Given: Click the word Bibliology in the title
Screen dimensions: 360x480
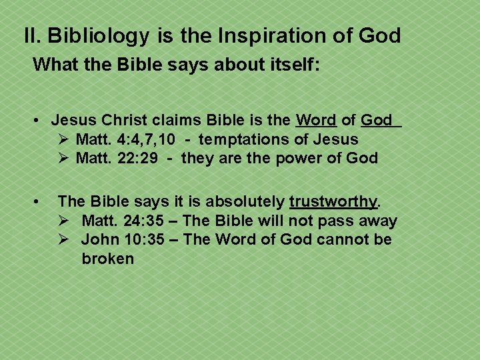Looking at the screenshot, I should pyautogui.click(x=99, y=35).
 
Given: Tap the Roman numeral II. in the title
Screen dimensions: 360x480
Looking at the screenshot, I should pyautogui.click(x=33, y=35).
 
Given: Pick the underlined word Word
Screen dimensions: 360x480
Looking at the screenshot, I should pyautogui.click(x=316, y=120).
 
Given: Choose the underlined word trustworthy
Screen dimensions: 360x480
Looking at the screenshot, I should pyautogui.click(x=333, y=201).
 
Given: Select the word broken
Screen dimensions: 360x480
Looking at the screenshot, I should pyautogui.click(x=108, y=258).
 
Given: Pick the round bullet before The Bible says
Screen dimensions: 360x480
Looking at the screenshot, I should pyautogui.click(x=41, y=201).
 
